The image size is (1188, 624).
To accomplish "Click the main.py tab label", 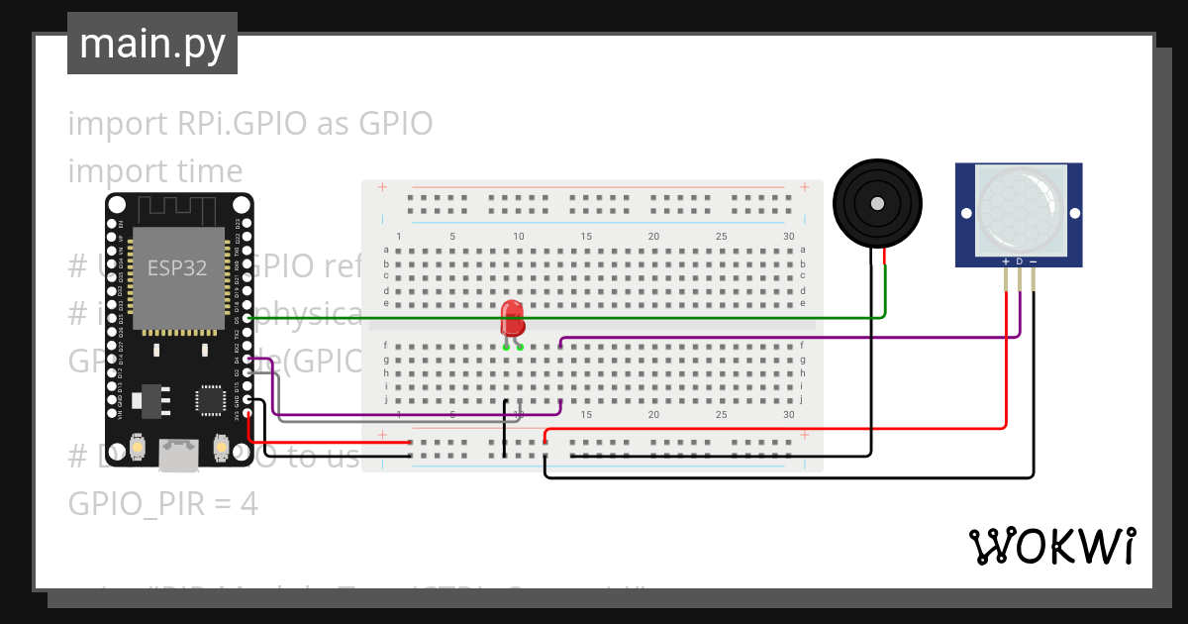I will tap(151, 44).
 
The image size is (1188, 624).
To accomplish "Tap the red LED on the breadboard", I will tap(512, 319).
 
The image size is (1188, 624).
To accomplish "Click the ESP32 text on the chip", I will tap(177, 267).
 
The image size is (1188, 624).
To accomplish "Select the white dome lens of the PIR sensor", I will tap(1019, 208).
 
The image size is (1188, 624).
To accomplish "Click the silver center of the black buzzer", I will tap(877, 204).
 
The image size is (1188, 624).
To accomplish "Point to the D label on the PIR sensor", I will tap(1020, 261).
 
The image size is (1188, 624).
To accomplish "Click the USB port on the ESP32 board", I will tap(179, 455).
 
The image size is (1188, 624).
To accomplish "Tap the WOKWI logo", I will tap(1051, 546).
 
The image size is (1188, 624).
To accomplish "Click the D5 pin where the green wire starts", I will tap(247, 318).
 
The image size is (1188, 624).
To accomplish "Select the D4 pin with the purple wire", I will tap(247, 359).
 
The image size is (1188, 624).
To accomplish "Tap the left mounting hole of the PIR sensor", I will tap(965, 213).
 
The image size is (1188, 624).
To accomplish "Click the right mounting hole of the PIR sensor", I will tap(1073, 213).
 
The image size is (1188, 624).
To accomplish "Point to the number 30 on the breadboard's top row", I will tap(788, 236).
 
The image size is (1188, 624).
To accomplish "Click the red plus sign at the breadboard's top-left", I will tap(382, 187).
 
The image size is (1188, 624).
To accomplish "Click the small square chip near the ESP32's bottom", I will tap(210, 399).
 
